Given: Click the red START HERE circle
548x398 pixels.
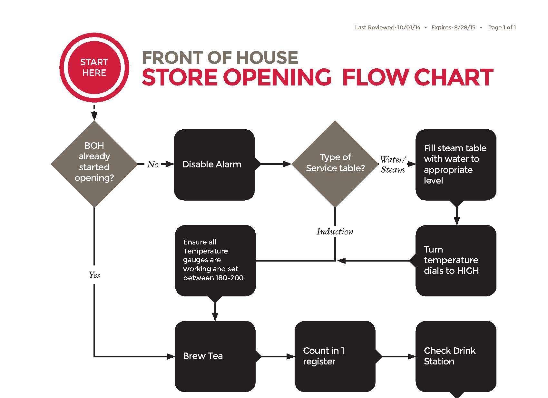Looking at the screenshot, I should click(x=94, y=67).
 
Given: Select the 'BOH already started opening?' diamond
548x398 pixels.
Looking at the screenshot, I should click(x=94, y=164).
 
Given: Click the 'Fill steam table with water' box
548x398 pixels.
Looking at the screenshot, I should click(x=456, y=164).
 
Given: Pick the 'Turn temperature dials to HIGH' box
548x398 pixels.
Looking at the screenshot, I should click(x=456, y=260).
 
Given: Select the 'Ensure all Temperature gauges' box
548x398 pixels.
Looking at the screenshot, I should click(x=215, y=260).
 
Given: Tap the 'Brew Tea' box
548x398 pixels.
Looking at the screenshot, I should click(x=215, y=356).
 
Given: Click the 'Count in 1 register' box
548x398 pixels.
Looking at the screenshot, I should click(x=335, y=356).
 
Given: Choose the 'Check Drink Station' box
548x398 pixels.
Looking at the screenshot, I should click(x=456, y=356).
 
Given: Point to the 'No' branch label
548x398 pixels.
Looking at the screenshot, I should click(x=153, y=164).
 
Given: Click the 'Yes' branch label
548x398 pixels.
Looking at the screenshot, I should click(x=94, y=275).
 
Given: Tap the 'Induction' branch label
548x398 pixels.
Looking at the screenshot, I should click(x=335, y=232).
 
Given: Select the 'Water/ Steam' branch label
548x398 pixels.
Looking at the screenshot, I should click(x=393, y=164).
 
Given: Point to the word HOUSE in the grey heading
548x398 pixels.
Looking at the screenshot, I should click(x=267, y=58).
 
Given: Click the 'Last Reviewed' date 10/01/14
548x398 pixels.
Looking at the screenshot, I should click(x=409, y=27).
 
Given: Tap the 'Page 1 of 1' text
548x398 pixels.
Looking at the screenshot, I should click(x=502, y=27).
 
